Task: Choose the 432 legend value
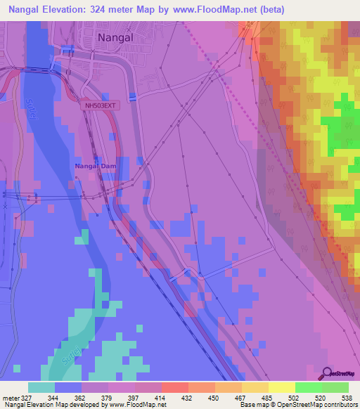pyautogui.click(x=175, y=397)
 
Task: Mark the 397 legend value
pyautogui.click(x=122, y=397)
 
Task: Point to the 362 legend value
pyautogui.click(x=68, y=397)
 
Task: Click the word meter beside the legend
pyautogui.click(x=10, y=397)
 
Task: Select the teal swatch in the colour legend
pyautogui.click(x=41, y=387)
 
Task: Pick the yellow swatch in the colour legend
pyautogui.click(x=282, y=387)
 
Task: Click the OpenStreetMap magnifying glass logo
pyautogui.click(x=327, y=374)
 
